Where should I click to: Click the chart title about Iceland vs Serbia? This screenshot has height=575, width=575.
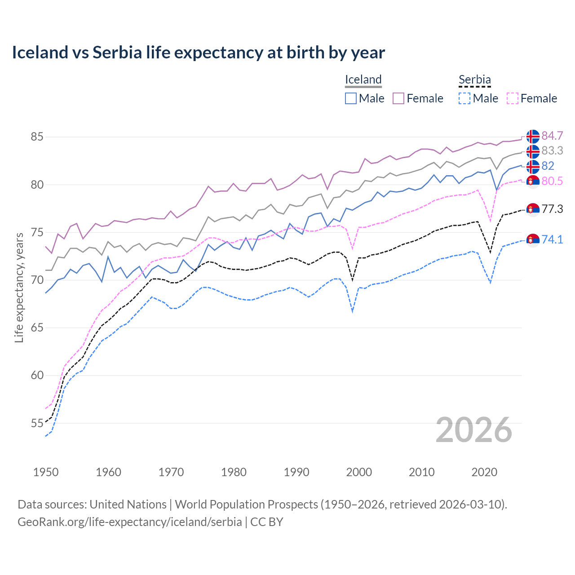coord(198,53)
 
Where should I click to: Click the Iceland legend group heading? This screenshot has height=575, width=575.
coord(363,80)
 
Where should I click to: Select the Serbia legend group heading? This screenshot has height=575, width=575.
coord(474,80)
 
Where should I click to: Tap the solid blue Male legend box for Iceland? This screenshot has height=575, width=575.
coord(351,98)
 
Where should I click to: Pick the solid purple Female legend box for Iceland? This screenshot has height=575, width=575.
coord(398,98)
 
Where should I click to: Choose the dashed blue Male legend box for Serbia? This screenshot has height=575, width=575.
coord(464,98)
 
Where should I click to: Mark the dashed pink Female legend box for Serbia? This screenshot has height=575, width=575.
coord(512,98)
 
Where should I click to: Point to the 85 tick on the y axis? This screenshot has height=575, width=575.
coord(37,137)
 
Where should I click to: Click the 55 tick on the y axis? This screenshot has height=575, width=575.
coord(37,423)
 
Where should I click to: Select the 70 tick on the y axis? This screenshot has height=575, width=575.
coord(37,280)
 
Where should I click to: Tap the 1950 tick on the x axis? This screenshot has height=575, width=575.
coord(46,472)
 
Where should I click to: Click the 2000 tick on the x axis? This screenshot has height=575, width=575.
coord(359,472)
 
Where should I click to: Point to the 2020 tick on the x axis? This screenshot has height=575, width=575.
coord(484,472)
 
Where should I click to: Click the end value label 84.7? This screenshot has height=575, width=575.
coord(552,136)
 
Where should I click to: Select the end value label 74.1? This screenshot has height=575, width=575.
coord(552,239)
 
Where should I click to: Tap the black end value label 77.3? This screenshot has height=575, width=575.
coord(552,209)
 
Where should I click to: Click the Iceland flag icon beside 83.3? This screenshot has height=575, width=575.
coord(533,151)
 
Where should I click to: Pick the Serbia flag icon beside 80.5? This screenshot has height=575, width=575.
coord(533,181)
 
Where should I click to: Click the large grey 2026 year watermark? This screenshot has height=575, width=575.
coord(474,430)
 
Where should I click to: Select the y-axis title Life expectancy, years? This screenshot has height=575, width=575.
coord(19,287)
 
